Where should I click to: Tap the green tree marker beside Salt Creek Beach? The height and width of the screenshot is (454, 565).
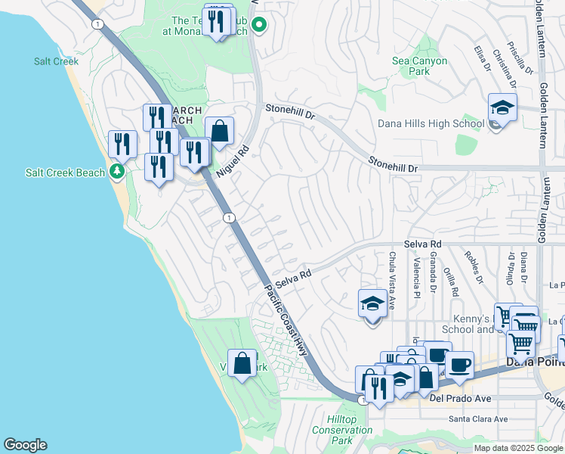tap(116, 172)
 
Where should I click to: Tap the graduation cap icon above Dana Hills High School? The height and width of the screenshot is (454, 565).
tap(502, 108)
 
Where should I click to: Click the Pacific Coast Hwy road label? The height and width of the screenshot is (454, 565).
tap(288, 319)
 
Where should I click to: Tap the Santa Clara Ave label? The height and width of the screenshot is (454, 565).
tap(476, 418)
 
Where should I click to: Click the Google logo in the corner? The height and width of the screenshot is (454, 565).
tap(25, 445)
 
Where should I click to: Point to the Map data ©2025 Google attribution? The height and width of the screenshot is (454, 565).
tap(517, 448)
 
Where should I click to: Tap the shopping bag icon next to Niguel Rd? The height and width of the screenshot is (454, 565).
tap(219, 132)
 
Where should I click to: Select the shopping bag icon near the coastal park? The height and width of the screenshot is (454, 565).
tap(242, 363)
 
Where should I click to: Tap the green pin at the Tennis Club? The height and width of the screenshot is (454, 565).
tap(259, 26)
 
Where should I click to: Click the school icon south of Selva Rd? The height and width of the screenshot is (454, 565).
tap(372, 304)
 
